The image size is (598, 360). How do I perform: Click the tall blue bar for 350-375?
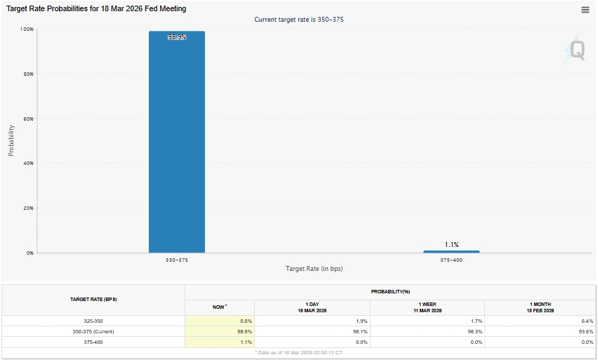[177, 140]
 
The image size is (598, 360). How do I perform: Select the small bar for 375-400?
[451, 251]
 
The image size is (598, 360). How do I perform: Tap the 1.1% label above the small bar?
[451, 244]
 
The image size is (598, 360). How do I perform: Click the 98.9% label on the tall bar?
[177, 37]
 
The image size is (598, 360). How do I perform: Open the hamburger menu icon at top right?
[585, 9]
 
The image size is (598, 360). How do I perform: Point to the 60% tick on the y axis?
[28, 119]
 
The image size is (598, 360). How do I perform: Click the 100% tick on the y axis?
[27, 29]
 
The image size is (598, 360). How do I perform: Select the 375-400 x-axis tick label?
[451, 260]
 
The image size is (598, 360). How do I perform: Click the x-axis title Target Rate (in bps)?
[314, 269]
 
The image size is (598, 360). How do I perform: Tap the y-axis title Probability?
[11, 140]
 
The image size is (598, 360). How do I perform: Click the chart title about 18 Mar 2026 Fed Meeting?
[96, 9]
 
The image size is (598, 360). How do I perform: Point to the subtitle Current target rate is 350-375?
[300, 20]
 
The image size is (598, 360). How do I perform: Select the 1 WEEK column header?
[427, 307]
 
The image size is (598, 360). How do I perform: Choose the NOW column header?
[219, 307]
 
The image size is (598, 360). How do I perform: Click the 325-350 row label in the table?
[93, 321]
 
